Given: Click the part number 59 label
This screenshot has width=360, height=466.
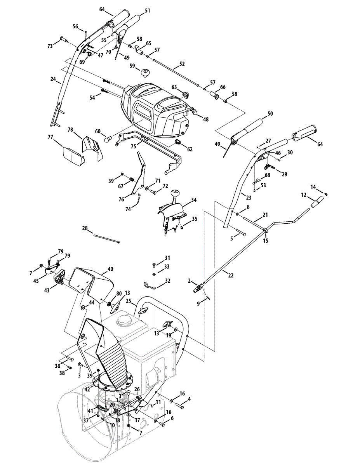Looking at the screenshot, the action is click(x=132, y=66).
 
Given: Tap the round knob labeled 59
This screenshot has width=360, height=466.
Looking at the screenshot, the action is click(x=145, y=73).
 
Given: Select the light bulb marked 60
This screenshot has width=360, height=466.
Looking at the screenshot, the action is click(x=108, y=139).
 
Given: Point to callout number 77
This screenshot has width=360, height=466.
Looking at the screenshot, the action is click(x=50, y=137).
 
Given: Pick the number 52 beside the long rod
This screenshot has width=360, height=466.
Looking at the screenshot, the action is click(x=182, y=64).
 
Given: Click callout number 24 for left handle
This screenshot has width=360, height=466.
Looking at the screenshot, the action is click(x=53, y=79).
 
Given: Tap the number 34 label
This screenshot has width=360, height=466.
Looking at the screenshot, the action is click(x=194, y=200).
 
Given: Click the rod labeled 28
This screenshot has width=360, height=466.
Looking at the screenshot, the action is click(x=106, y=239).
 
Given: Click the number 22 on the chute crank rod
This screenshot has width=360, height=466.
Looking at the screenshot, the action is click(x=231, y=275).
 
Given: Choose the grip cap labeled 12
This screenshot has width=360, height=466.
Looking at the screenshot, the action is click(x=317, y=202).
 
